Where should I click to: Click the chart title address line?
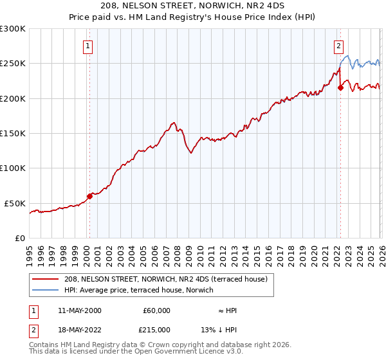click(192, 6)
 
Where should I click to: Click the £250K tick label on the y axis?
click(13, 64)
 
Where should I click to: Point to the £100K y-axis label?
click(13, 168)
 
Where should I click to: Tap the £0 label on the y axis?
click(21, 238)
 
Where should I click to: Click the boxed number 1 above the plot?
click(87, 46)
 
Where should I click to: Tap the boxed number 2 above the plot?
click(338, 46)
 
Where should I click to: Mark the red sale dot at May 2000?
click(89, 196)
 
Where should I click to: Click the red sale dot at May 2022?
click(340, 88)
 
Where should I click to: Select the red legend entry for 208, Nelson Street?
click(170, 279)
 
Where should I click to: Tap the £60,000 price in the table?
click(157, 310)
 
